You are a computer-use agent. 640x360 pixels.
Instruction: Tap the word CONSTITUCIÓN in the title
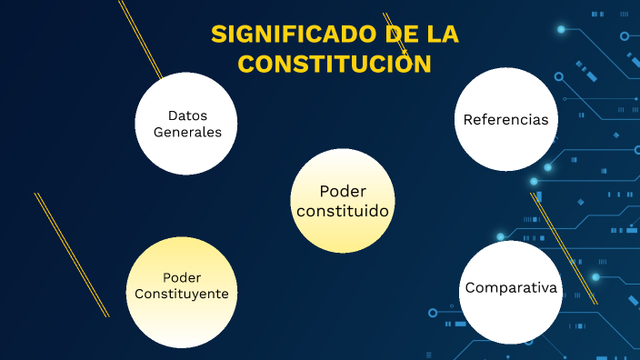point(333,65)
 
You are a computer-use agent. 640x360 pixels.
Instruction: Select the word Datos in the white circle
point(187,115)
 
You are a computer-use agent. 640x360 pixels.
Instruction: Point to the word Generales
point(187,132)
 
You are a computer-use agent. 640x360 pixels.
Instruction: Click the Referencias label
point(505,120)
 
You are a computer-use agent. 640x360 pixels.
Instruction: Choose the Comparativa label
point(510,288)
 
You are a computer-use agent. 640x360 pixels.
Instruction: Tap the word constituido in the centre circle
point(343,211)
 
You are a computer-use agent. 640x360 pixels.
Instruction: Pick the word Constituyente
point(182,294)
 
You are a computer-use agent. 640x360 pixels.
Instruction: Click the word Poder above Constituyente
point(182,277)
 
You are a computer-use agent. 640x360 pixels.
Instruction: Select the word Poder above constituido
point(343,191)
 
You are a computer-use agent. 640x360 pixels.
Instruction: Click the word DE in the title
point(394,35)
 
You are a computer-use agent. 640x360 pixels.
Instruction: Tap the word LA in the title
point(440,35)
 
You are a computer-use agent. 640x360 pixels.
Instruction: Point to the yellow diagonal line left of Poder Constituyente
point(72,255)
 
